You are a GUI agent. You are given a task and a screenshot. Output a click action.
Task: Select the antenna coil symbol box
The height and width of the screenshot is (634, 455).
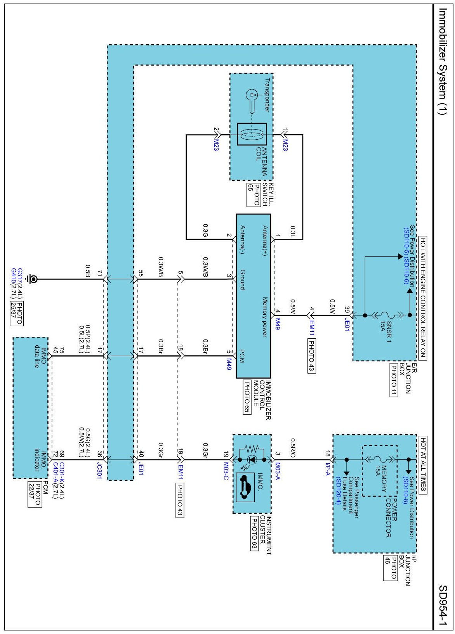coord(252,134)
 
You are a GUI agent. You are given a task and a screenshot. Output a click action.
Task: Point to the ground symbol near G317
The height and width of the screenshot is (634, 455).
coord(33,279)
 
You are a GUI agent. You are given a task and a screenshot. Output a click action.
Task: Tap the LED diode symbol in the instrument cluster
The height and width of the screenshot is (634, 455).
coord(252,460)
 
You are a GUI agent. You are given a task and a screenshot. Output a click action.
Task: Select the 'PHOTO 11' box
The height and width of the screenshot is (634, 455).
coord(394,379)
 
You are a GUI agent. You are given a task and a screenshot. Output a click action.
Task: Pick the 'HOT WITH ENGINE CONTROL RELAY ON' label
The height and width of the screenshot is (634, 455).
coord(423,298)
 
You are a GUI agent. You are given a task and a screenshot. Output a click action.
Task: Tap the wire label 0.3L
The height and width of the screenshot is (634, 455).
coord(293,231)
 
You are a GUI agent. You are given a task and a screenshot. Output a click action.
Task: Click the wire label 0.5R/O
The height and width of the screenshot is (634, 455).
coord(293,448)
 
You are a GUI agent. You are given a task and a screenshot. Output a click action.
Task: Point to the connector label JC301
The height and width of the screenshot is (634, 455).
coord(99,471)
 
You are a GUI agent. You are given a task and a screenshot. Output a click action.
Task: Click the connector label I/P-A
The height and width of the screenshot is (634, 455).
coord(327,469)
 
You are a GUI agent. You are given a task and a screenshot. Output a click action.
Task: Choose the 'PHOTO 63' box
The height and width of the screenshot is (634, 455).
coord(254,533)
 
